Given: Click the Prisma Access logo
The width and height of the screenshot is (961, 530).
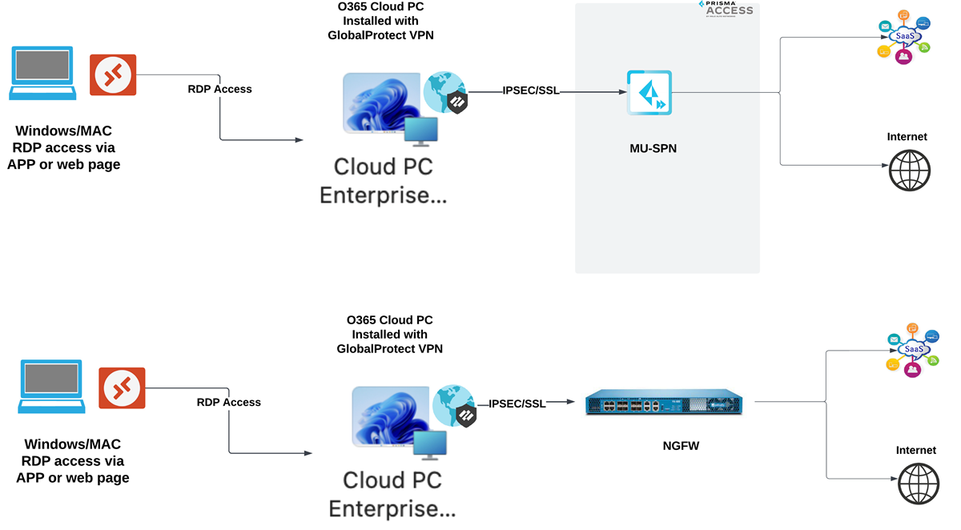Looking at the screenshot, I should tap(726, 8).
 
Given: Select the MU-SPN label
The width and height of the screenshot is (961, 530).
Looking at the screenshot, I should tap(653, 148).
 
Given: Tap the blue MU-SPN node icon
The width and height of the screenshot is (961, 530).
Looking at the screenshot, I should tap(649, 93).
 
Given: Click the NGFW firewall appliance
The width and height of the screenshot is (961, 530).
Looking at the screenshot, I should tap(664, 403).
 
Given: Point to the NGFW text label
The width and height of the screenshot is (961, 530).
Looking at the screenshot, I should tap(682, 445).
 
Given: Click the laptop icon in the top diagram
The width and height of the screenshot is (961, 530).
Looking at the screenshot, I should tap(43, 74).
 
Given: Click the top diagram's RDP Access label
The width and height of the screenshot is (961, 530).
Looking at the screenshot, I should tap(219, 89).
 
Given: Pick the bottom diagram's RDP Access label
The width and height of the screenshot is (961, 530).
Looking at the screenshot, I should tap(228, 402).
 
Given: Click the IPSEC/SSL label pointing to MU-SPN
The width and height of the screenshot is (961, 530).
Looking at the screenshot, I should tap(531, 91).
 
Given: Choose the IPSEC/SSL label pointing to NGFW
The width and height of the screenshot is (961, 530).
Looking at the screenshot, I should tap(517, 404).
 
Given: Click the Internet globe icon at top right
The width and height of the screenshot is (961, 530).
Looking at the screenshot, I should tap(910, 171).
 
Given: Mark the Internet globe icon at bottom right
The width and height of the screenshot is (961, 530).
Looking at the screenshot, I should tap(919, 484).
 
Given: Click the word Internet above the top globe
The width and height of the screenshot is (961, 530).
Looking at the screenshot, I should tap(907, 137).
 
